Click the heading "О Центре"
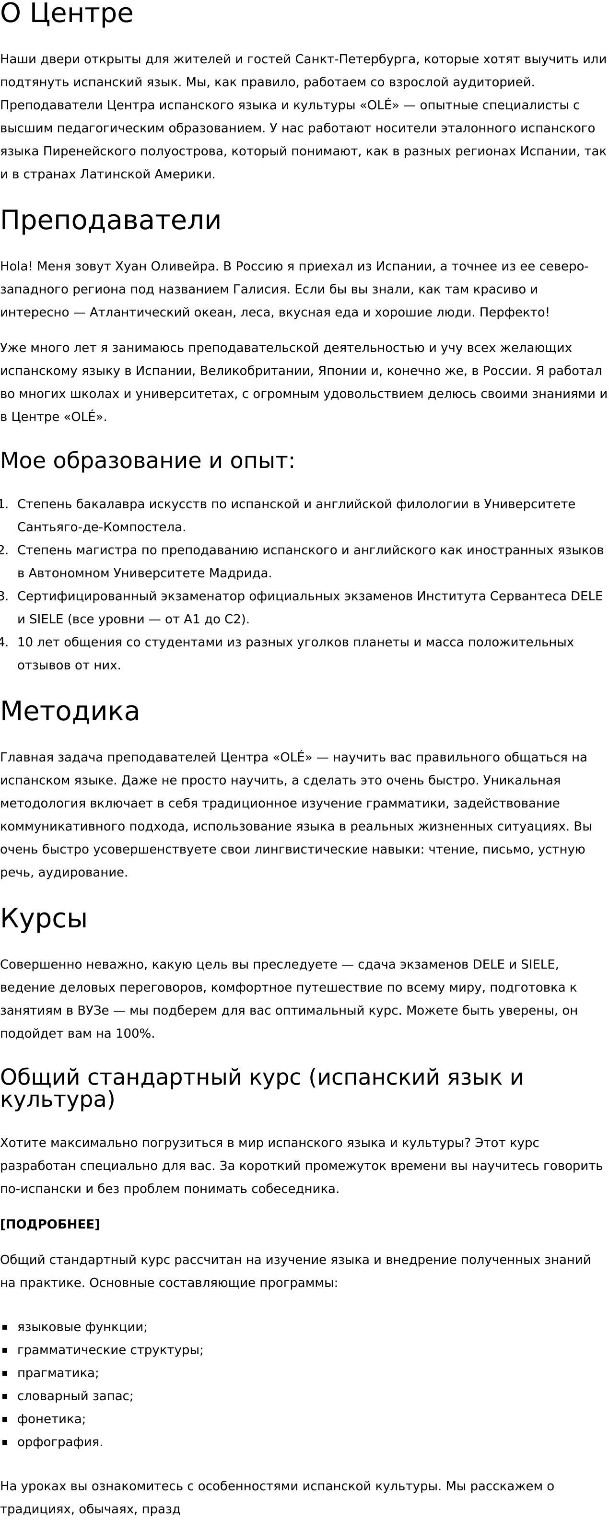[x=66, y=13]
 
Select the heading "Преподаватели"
[x=110, y=220]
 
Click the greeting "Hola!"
[x=16, y=266]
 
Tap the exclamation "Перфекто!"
[x=514, y=312]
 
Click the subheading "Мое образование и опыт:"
[x=147, y=460]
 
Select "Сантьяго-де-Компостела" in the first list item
[x=101, y=527]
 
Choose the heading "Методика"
[x=70, y=711]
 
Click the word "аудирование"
[x=82, y=873]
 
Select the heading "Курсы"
[x=44, y=919]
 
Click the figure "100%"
[x=135, y=1034]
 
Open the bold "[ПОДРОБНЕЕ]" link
[x=49, y=1224]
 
